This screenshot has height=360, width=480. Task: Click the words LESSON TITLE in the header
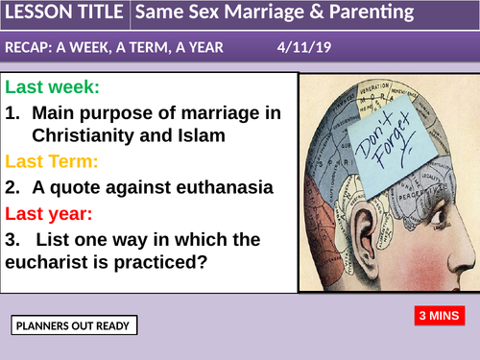point(63,14)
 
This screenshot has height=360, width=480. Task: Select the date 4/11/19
point(303,47)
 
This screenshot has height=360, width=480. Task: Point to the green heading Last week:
point(52,87)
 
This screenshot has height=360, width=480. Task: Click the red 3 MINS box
point(440,315)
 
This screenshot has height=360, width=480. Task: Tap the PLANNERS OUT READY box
point(75,326)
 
